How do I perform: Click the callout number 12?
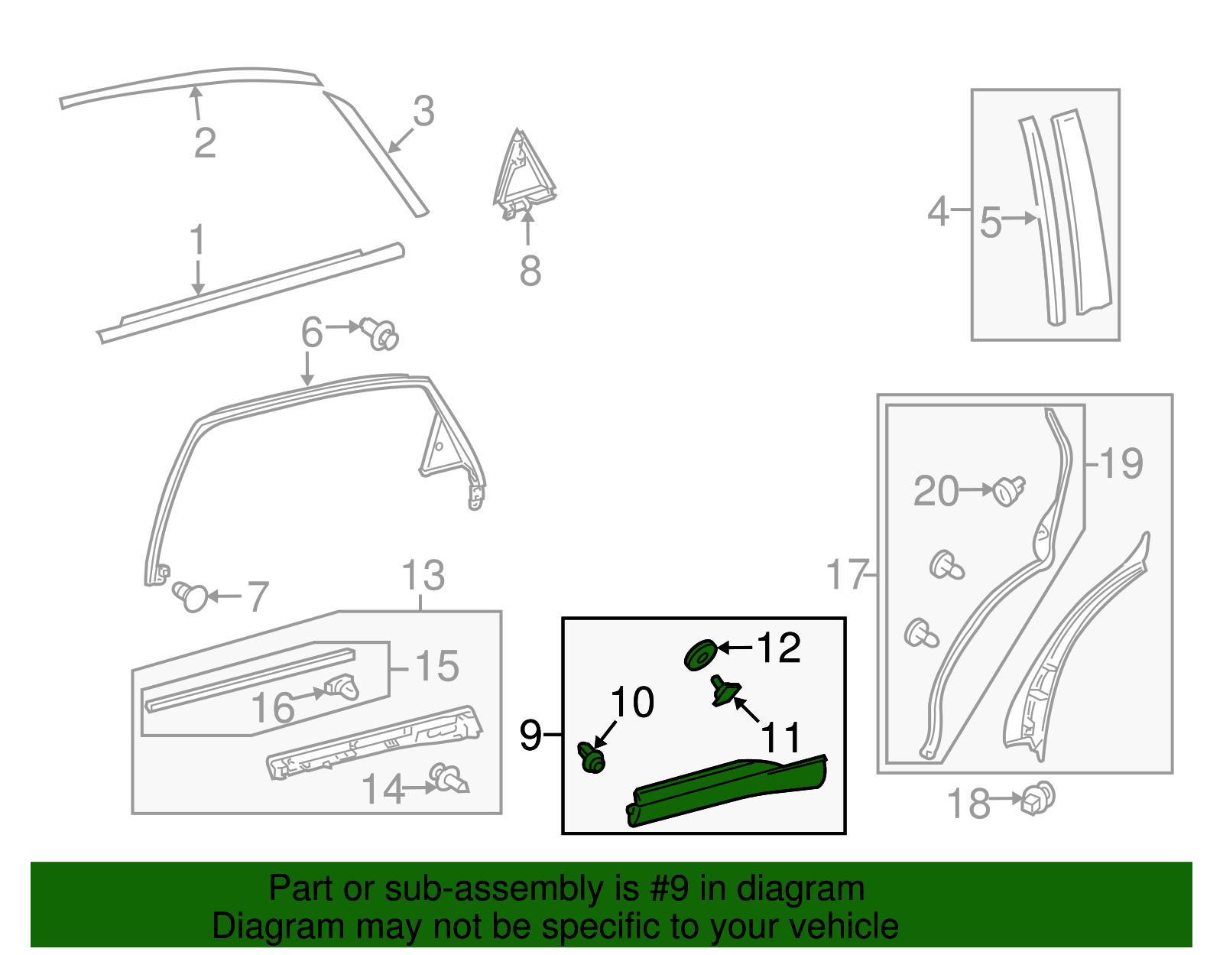click(778, 648)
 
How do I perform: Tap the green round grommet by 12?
click(699, 656)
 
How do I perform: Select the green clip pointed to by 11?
click(723, 691)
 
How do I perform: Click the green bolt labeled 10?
click(592, 758)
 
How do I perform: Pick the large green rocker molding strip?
click(726, 791)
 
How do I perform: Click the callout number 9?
click(530, 735)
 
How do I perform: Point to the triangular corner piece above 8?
click(522, 172)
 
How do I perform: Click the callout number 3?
click(423, 112)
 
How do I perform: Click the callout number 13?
click(423, 575)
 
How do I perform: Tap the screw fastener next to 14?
click(449, 780)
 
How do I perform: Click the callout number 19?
click(1121, 463)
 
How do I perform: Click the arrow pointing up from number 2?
click(196, 103)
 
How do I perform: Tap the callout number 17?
click(847, 574)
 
